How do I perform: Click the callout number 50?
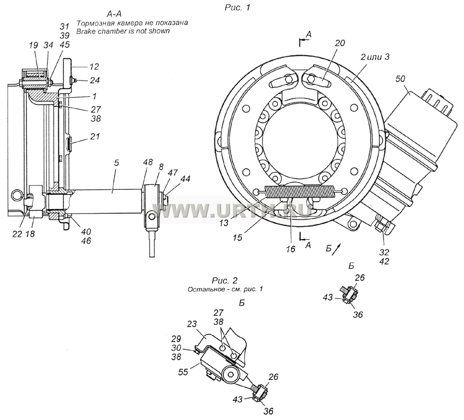401,79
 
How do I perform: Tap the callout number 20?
340,43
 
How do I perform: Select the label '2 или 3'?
375,57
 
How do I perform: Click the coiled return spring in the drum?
300,191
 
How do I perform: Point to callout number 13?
224,222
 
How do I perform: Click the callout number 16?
291,249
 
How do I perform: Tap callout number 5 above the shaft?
117,163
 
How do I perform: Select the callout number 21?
95,137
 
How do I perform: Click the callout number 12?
94,67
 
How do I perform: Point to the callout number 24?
95,80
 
